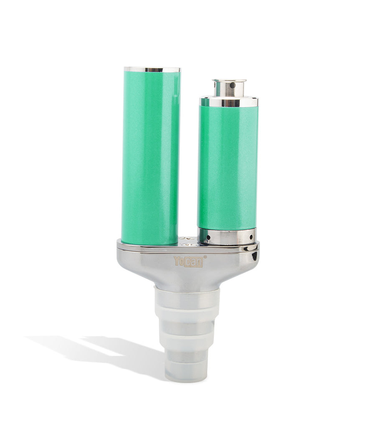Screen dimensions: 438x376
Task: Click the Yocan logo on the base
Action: (x=188, y=261)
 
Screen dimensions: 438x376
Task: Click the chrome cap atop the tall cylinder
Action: (x=152, y=69)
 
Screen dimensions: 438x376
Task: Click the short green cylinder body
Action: (x=228, y=167)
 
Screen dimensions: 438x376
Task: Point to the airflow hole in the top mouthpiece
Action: (x=232, y=85)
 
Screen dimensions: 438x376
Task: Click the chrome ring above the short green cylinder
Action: (x=229, y=102)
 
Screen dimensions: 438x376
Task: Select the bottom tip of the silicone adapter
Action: (x=186, y=372)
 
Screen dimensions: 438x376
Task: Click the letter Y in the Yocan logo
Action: (x=177, y=261)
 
